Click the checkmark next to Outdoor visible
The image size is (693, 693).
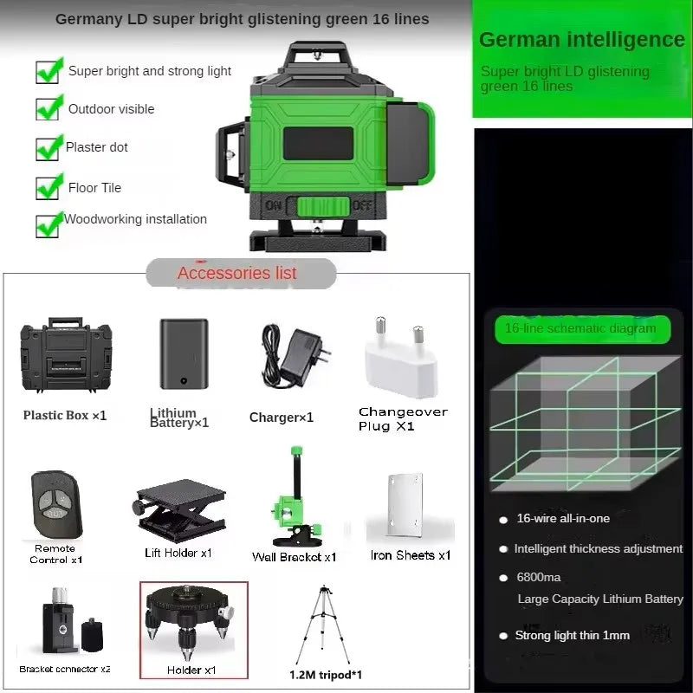click(49, 107)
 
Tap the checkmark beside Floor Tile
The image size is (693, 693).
click(49, 186)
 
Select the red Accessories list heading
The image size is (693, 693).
click(237, 273)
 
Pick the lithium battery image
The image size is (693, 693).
click(184, 353)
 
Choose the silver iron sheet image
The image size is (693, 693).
click(405, 507)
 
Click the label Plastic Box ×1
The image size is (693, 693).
click(65, 415)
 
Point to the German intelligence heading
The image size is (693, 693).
click(581, 39)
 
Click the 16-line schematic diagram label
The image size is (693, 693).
click(580, 328)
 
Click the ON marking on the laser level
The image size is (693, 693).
click(273, 206)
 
